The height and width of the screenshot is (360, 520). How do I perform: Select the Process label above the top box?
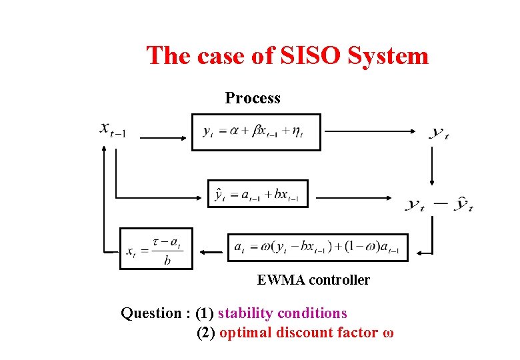click(x=253, y=98)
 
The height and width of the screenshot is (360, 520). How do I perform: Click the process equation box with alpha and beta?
click(x=256, y=132)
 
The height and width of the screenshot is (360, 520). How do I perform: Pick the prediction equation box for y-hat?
click(x=257, y=194)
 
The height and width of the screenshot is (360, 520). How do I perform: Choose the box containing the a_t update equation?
click(x=317, y=247)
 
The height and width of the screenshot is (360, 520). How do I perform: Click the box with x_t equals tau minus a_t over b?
click(x=155, y=249)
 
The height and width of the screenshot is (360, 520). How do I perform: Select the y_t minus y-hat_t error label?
click(x=439, y=205)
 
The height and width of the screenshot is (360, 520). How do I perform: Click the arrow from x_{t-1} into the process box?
click(x=163, y=138)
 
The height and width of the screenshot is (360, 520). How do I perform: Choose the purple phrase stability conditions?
click(x=283, y=313)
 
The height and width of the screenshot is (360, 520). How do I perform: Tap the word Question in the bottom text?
click(x=151, y=313)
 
